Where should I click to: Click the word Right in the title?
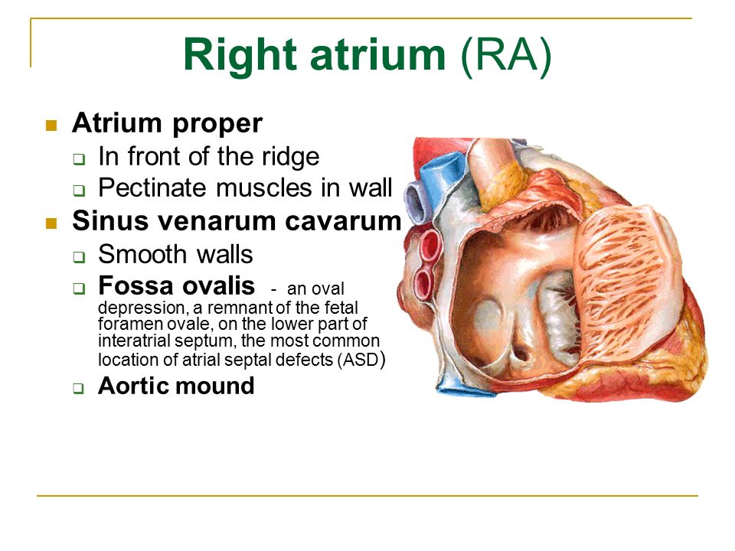tap(240, 55)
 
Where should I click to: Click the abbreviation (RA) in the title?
tap(506, 55)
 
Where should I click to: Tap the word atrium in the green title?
tap(377, 54)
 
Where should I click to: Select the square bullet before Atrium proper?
tap(51, 126)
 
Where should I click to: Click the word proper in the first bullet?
tap(217, 125)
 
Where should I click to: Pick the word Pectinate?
tap(152, 188)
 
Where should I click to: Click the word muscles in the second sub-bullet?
tap(264, 188)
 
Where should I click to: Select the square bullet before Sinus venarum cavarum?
tap(51, 223)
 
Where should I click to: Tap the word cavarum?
tap(343, 220)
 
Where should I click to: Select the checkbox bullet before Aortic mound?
tap(79, 389)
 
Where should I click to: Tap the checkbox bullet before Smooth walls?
tap(79, 257)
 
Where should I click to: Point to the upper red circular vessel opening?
tap(430, 244)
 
